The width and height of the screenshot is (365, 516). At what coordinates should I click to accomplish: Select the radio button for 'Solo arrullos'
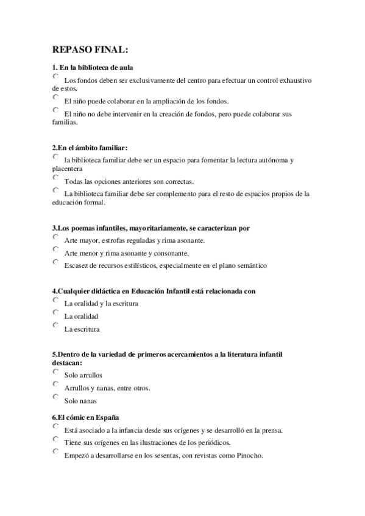(55, 372)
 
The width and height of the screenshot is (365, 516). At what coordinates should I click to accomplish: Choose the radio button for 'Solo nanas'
(55, 397)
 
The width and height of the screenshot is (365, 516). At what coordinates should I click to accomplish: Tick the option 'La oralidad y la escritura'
(55, 300)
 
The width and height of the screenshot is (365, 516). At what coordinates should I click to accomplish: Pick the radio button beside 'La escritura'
(55, 326)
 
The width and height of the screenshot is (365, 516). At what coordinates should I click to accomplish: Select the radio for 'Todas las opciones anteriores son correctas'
(55, 178)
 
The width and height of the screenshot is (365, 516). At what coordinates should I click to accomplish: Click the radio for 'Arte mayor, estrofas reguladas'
(55, 237)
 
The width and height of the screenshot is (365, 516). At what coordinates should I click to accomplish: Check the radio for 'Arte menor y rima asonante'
(55, 249)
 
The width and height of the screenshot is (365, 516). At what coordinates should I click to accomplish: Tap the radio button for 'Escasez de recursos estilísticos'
(55, 262)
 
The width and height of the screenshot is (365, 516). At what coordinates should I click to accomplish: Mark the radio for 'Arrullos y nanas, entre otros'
(55, 385)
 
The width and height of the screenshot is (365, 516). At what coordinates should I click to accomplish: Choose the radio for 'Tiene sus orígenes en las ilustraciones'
(55, 439)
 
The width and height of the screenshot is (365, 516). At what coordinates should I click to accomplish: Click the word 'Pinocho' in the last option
(249, 456)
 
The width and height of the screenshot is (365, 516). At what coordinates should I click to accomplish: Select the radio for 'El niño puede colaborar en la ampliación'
(55, 97)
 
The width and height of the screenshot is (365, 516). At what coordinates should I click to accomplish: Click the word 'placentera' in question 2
(68, 169)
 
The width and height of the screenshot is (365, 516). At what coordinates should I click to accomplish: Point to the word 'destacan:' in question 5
(67, 363)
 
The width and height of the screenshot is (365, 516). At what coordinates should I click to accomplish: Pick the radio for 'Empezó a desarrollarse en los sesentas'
(55, 452)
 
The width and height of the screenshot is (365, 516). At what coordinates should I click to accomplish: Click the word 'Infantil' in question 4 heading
(182, 291)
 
